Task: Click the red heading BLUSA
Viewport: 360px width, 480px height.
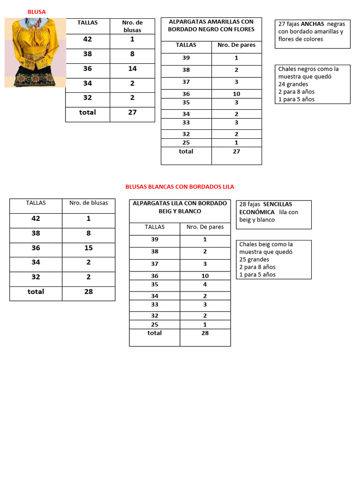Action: [x=37, y=12]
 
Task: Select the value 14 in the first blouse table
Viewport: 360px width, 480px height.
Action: [x=132, y=68]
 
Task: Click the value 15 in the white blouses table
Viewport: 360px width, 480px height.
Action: [x=89, y=248]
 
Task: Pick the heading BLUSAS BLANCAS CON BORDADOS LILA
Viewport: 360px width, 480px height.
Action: [x=180, y=187]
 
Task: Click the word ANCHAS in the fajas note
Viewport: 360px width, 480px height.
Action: [x=312, y=24]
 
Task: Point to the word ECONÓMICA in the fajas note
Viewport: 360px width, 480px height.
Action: [x=257, y=212]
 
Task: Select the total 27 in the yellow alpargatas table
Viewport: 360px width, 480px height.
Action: [x=236, y=151]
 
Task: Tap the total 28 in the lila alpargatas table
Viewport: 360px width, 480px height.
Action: [x=205, y=333]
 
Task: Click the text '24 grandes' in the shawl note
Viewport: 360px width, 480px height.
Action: [x=293, y=84]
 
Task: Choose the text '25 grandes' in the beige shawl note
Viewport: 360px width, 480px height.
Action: [x=254, y=260]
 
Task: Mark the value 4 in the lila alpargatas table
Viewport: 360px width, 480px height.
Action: [x=205, y=285]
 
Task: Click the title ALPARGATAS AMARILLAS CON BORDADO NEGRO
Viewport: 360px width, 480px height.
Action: [x=211, y=25]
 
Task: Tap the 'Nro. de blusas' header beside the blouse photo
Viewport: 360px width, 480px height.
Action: [x=132, y=26]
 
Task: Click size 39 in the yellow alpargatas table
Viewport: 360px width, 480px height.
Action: [x=186, y=58]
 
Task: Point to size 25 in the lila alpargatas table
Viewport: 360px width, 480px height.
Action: [x=155, y=324]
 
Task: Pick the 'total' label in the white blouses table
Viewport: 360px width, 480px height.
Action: [x=36, y=292]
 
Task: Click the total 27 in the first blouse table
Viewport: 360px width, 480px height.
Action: [x=132, y=112]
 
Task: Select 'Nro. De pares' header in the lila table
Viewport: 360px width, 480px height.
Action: [x=205, y=227]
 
